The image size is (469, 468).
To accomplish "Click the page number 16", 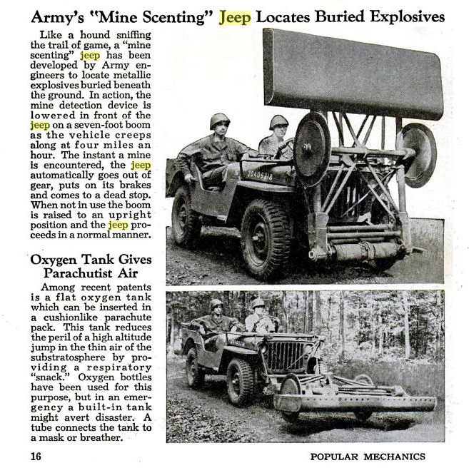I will point(35,456).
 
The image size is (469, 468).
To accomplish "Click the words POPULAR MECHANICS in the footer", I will point(368,456).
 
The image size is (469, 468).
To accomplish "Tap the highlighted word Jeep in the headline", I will point(236,15).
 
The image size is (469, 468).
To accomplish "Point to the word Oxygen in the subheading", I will point(54,260).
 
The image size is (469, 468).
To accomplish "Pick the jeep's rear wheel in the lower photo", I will point(193,368).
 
